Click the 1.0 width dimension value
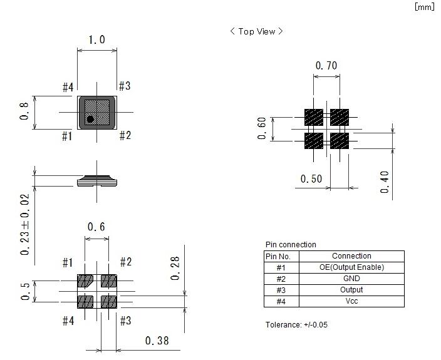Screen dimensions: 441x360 pos(96,39)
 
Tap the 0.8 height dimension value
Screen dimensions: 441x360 pos(24,111)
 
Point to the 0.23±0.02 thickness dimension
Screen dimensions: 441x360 pos(25,224)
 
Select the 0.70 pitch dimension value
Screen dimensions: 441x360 pos(326,66)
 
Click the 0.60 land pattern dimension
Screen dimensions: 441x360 pos(262,128)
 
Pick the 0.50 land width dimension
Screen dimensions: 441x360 pos(311,178)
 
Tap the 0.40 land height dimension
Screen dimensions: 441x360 pos(385,182)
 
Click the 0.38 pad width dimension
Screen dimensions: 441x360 pos(157,341)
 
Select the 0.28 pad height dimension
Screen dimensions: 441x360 pos(175,268)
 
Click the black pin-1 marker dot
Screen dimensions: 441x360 pos(90,120)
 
